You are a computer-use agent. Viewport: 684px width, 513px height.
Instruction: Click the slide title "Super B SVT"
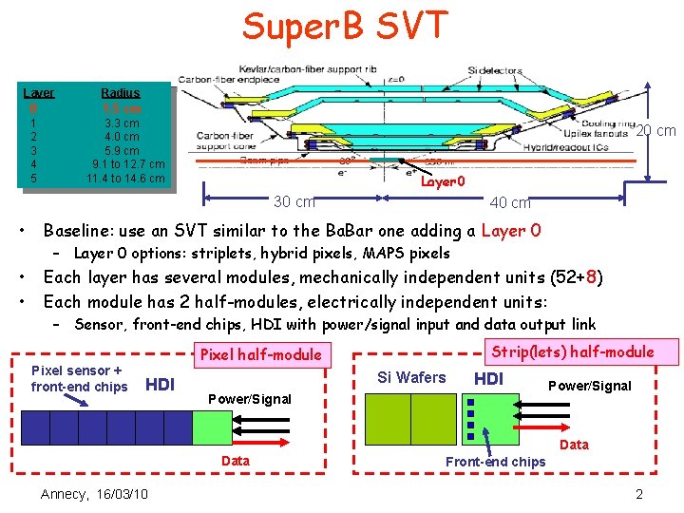[x=344, y=26]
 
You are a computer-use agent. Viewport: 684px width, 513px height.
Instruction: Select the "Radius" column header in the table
[x=121, y=93]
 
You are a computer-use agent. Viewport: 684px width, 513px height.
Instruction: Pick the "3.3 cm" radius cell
[x=122, y=123]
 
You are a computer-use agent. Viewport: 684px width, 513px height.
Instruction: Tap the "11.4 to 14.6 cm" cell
[x=125, y=178]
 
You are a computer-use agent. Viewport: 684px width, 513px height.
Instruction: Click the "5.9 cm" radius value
[x=122, y=151]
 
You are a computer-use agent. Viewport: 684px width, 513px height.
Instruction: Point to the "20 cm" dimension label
[x=656, y=131]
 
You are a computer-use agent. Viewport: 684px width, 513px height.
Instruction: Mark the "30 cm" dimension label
[x=294, y=201]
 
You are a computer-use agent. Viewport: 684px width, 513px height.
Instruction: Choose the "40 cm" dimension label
[x=509, y=201]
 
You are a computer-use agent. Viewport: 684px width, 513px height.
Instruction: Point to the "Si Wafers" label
[x=411, y=377]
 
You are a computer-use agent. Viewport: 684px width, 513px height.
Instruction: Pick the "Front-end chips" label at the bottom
[x=496, y=462]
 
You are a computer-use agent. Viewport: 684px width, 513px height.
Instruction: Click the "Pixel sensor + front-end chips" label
[x=79, y=379]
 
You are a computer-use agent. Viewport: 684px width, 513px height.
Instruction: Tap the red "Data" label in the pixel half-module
[x=236, y=461]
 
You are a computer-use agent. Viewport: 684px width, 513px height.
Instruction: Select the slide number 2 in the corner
[x=639, y=494]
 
